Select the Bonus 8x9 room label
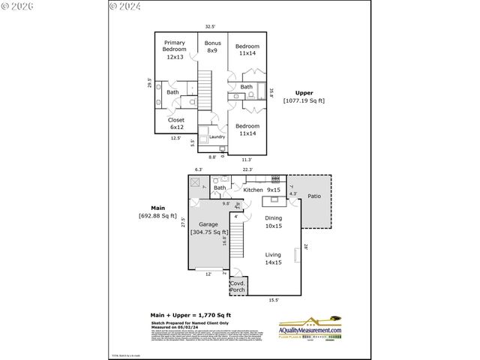click(x=212, y=47)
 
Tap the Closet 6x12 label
click(x=176, y=124)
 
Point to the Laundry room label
click(x=217, y=136)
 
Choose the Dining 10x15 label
click(x=274, y=222)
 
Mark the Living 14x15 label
click(x=273, y=259)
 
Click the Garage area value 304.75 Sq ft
click(x=209, y=232)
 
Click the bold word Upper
click(x=304, y=93)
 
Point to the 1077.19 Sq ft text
click(x=304, y=100)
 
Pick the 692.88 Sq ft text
click(x=159, y=217)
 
